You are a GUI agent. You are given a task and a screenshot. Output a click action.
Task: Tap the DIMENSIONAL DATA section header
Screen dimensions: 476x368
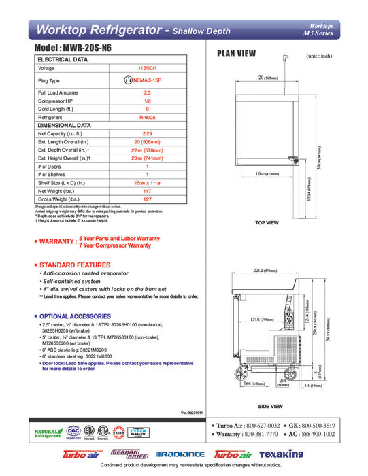[x=65, y=125]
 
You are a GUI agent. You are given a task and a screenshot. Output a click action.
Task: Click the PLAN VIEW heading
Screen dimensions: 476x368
[x=236, y=54]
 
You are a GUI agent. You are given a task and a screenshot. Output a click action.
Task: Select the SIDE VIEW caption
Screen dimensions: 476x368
[x=270, y=406]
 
